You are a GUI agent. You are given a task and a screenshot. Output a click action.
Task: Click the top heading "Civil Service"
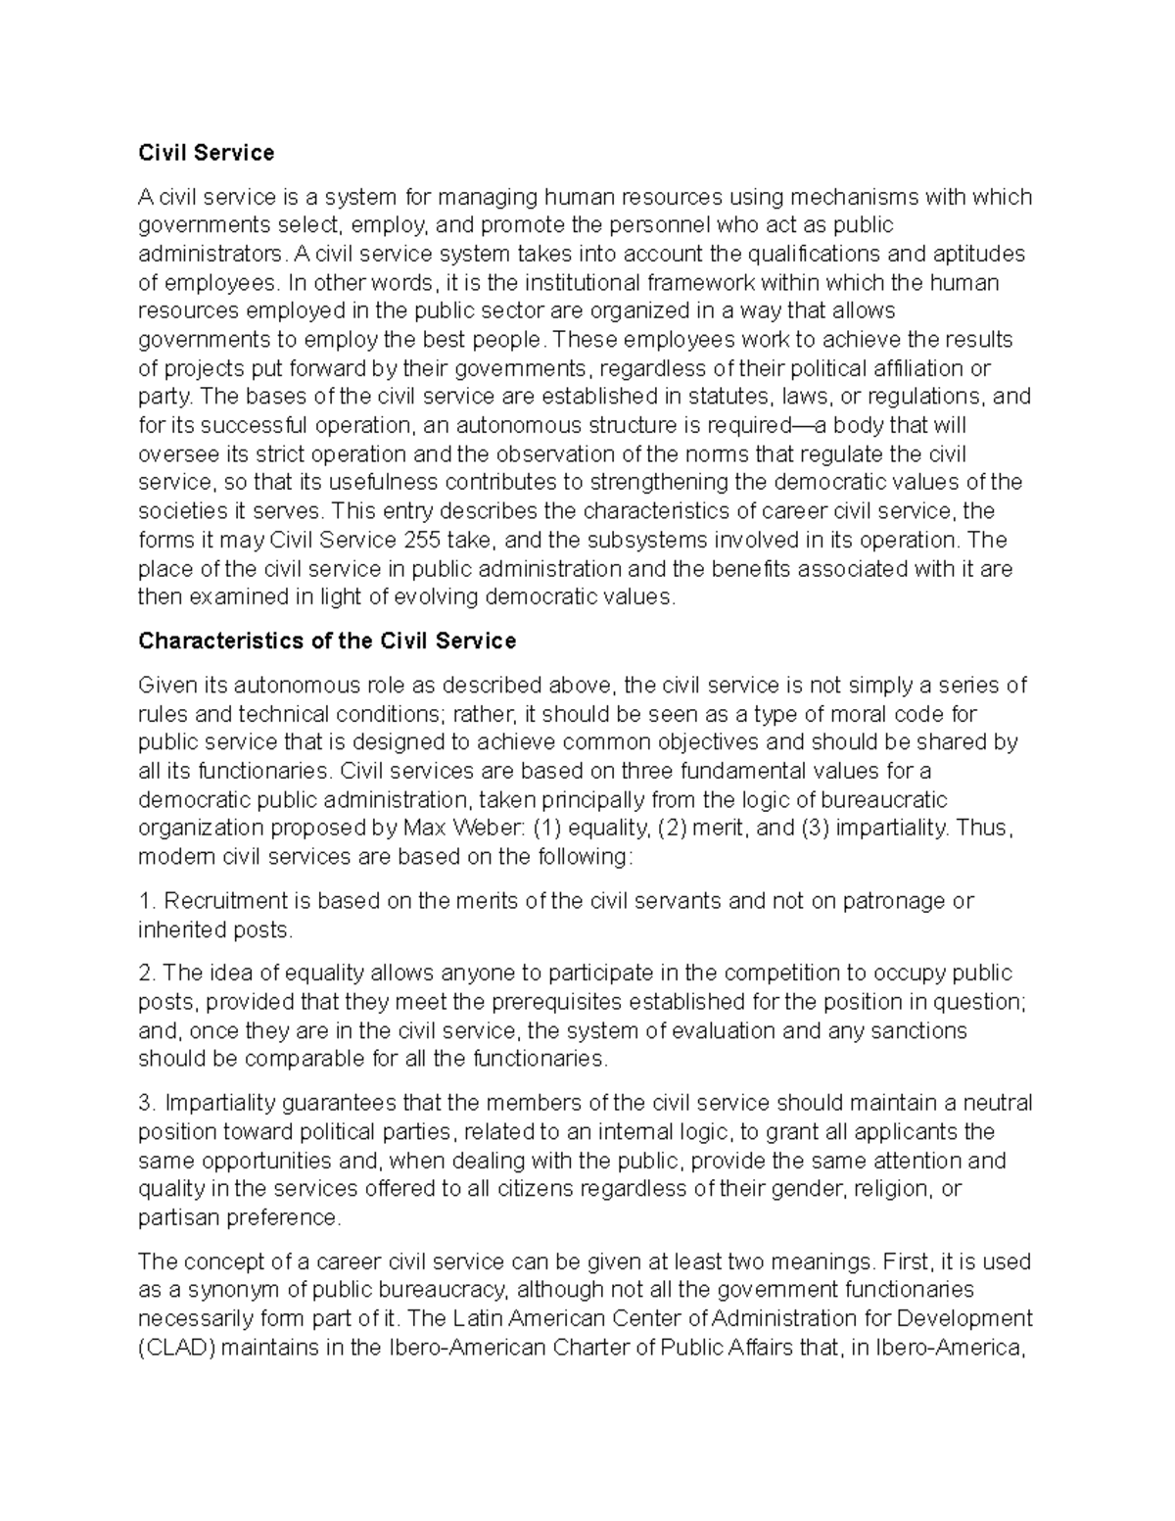[x=206, y=153]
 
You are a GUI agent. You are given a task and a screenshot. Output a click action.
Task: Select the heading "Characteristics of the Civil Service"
[x=327, y=641]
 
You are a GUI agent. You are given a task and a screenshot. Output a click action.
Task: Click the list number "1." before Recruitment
[x=147, y=901]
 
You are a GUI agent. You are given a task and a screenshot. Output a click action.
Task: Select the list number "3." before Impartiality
[x=148, y=1103]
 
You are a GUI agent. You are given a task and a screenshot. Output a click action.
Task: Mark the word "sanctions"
[x=920, y=1031]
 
